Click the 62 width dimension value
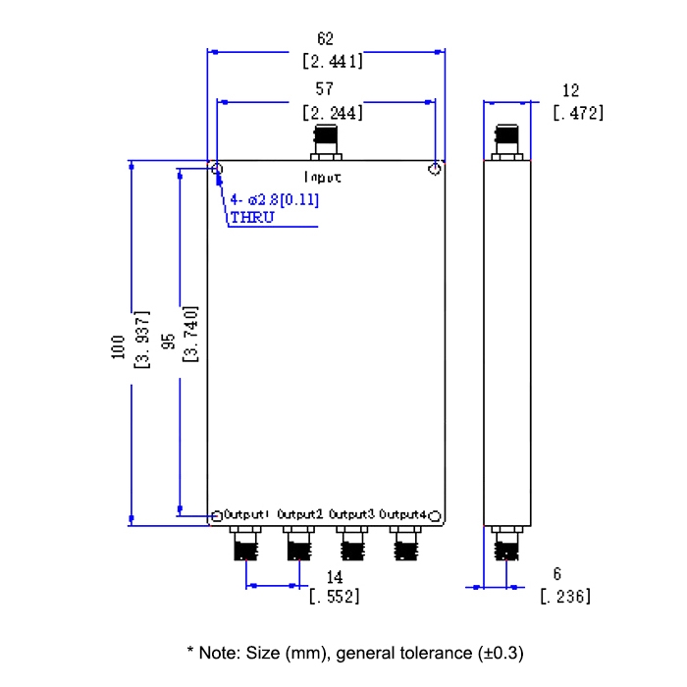pyautogui.click(x=326, y=39)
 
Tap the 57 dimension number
pyautogui.click(x=325, y=90)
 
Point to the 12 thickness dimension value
pyautogui.click(x=570, y=90)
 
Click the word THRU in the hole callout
pyautogui.click(x=252, y=218)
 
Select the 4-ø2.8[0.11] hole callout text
pyautogui.click(x=275, y=200)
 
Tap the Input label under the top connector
pyautogui.click(x=323, y=178)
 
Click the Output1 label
pyautogui.click(x=247, y=514)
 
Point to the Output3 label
pyautogui.click(x=351, y=514)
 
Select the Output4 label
pyautogui.click(x=403, y=514)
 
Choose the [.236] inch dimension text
pyautogui.click(x=564, y=596)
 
